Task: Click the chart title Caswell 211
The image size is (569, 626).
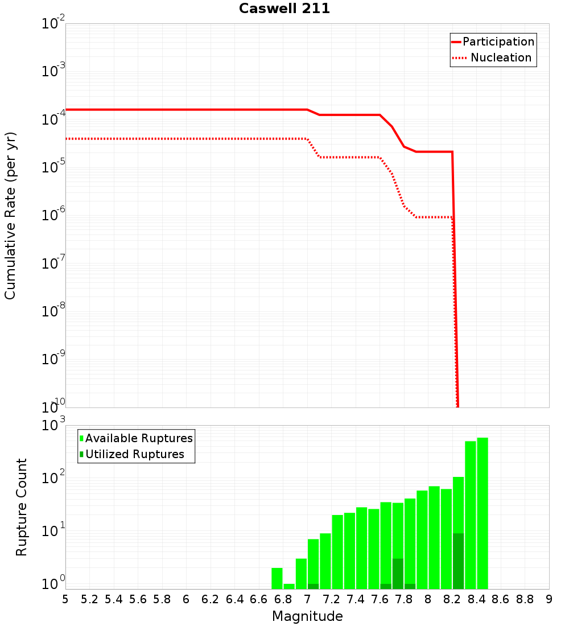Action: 284,9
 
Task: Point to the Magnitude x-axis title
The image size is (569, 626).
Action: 307,616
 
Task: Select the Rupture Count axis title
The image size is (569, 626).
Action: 22,507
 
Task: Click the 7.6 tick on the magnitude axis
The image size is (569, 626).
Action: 380,599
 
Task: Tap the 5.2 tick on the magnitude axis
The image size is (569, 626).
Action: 89,599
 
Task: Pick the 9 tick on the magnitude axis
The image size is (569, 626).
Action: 549,599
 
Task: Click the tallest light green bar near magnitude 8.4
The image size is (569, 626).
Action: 483,512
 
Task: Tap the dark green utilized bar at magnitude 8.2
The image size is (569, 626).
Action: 459,561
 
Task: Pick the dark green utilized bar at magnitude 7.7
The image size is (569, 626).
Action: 398,574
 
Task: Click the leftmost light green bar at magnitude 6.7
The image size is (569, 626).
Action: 277,578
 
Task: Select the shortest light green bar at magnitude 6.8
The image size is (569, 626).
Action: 289,586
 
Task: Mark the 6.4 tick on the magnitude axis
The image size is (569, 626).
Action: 234,599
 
